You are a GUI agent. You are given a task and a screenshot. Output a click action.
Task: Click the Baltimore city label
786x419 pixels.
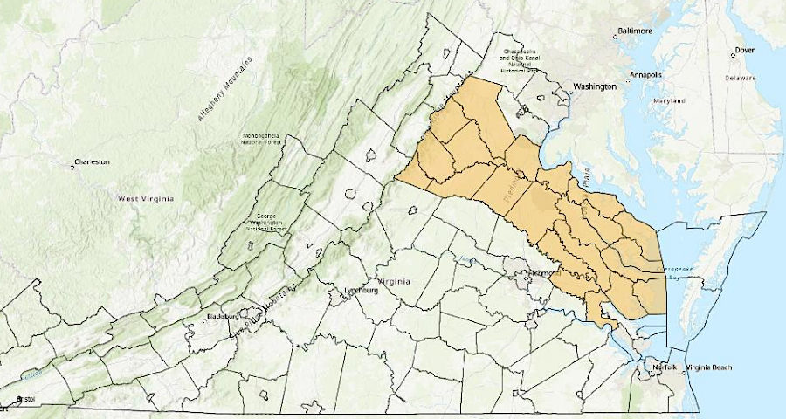coord(636,31)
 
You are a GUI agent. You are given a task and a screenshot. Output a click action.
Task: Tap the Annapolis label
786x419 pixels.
coord(649,74)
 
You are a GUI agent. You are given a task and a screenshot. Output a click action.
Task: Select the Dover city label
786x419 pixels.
coord(745,50)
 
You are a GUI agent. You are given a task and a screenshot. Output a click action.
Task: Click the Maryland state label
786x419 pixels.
coord(669,100)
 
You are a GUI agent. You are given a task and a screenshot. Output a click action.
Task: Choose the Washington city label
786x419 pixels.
coord(595,86)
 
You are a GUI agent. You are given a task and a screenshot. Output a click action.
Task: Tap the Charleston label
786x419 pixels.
coord(93,161)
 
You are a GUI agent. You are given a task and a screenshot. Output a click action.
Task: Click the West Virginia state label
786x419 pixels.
coord(146,198)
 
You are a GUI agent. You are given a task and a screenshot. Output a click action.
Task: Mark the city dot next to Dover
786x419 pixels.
coord(734,51)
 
